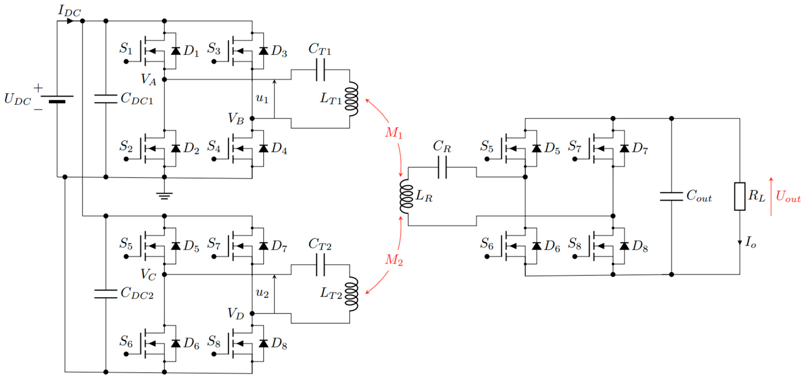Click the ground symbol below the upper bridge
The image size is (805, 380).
tap(164, 196)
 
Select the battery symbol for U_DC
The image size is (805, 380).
tap(57, 99)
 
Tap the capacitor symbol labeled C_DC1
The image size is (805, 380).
tap(106, 99)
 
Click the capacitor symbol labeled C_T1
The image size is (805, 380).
tap(320, 70)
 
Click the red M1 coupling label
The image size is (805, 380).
tap(394, 133)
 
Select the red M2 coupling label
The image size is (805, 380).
tap(394, 260)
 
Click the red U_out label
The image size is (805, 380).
tap(788, 196)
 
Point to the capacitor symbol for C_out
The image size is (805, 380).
tap(671, 196)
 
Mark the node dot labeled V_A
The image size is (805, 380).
tap(164, 79)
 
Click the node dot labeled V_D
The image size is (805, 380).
tap(252, 313)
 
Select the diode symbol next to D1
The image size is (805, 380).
tap(176, 51)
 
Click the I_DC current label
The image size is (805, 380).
tap(69, 11)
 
